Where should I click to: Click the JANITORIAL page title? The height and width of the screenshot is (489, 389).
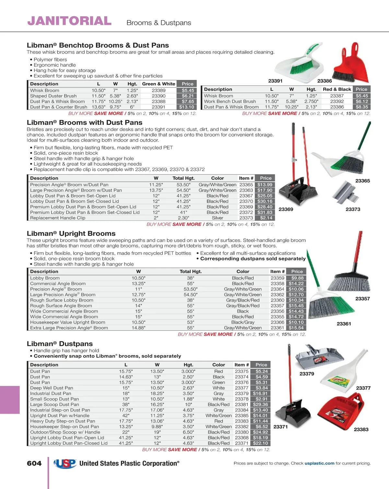click(69, 21)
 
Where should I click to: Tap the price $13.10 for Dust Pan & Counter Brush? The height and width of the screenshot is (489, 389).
click(187, 107)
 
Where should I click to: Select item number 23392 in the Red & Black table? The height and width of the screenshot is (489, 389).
click(337, 101)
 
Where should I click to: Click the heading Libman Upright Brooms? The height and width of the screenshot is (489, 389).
click(71, 233)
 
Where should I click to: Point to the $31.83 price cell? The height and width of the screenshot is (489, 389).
click(265, 212)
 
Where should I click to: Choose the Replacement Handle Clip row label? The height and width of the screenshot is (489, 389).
click(58, 218)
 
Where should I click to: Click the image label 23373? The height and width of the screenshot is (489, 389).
click(353, 209)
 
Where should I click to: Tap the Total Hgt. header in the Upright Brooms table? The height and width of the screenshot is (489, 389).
click(191, 271)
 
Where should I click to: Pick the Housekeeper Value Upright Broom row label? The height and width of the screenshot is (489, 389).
click(67, 322)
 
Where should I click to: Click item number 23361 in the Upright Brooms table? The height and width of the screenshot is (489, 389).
click(277, 328)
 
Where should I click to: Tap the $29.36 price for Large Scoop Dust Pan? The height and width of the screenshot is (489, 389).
click(261, 405)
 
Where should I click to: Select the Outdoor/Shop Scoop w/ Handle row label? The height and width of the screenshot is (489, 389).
click(65, 432)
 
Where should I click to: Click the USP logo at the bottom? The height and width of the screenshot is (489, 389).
click(65, 464)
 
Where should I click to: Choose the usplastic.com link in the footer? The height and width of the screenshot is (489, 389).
click(319, 463)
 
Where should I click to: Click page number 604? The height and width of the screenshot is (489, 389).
click(34, 464)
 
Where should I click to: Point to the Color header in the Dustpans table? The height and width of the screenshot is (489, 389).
click(218, 365)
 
